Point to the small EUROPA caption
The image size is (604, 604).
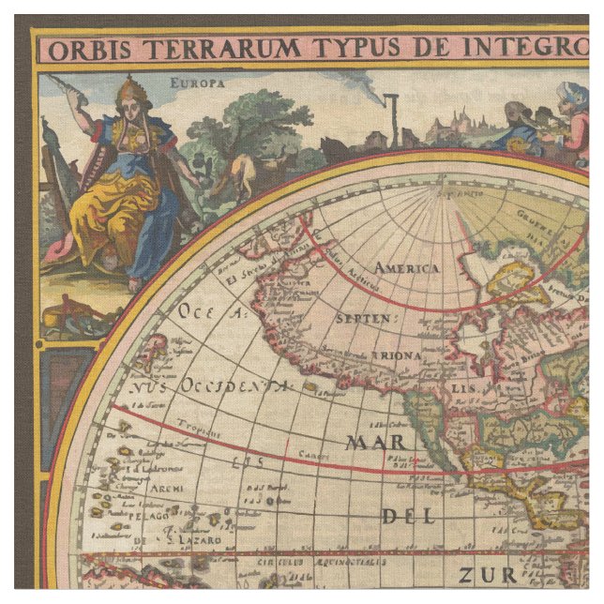[198, 83]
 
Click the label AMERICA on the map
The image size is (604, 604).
[406, 268]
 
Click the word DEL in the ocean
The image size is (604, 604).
[407, 516]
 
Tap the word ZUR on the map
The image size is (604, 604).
[487, 574]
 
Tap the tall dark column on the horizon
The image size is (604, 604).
[396, 119]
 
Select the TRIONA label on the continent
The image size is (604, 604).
[392, 355]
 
